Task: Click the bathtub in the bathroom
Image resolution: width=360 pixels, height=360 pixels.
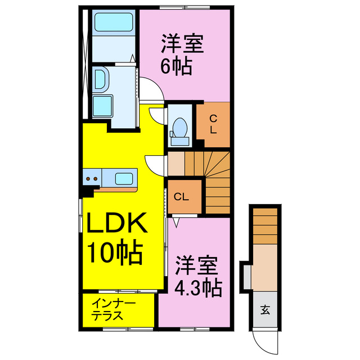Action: coord(112,23)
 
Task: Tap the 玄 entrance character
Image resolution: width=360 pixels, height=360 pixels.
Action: coord(264,308)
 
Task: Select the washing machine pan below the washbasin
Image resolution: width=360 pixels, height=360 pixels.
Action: coord(102,106)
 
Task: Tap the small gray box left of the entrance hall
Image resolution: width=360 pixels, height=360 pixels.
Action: coord(246,275)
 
